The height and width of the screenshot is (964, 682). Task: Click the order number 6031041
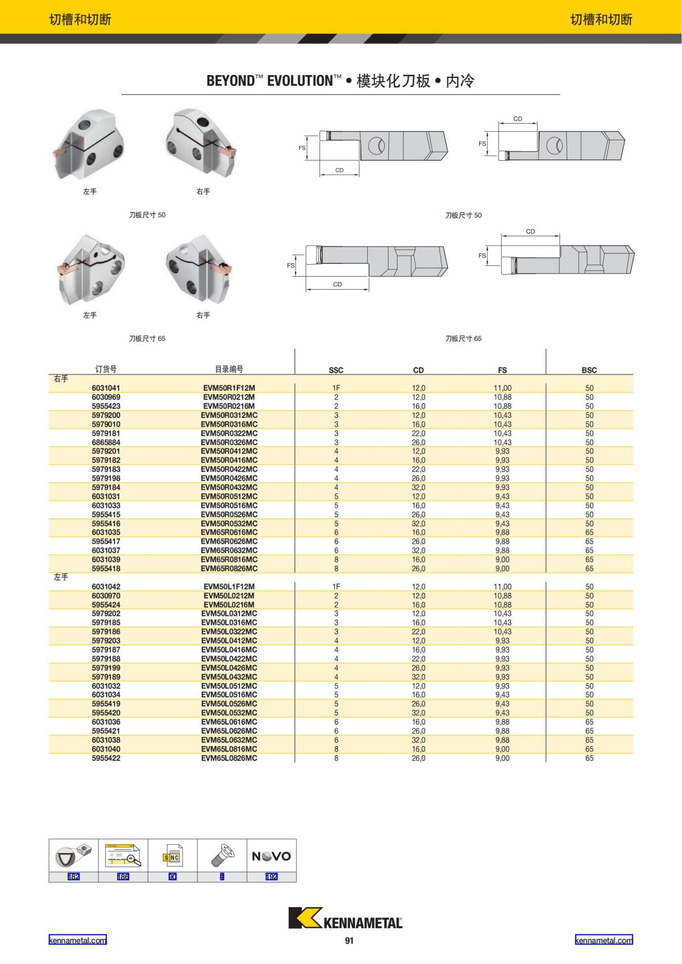tap(106, 388)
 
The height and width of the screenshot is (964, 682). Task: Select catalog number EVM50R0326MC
tap(229, 442)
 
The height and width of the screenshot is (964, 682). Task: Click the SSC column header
tap(336, 370)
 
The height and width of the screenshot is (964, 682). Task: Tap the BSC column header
tap(589, 370)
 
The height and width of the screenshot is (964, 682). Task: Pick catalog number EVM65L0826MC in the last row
tap(229, 758)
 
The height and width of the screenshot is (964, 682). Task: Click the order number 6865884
tap(106, 442)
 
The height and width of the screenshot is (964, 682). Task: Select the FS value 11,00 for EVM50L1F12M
tap(502, 586)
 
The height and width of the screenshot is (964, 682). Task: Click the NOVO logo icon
tap(271, 856)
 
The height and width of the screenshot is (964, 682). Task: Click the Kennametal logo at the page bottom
tap(345, 919)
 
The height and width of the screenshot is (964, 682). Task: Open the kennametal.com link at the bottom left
tap(77, 940)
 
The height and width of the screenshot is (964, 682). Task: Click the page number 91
tap(349, 941)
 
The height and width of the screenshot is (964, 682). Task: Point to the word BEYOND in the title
tap(230, 81)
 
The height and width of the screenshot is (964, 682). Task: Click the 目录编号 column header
tap(229, 369)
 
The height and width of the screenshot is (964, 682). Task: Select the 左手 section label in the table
tap(61, 577)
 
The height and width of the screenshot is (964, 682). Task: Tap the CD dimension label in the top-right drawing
tap(518, 119)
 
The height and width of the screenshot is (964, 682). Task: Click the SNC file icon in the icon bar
tap(172, 856)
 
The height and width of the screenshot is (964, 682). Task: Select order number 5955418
tap(106, 568)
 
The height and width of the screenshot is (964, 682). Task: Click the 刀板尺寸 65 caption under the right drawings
tap(463, 339)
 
